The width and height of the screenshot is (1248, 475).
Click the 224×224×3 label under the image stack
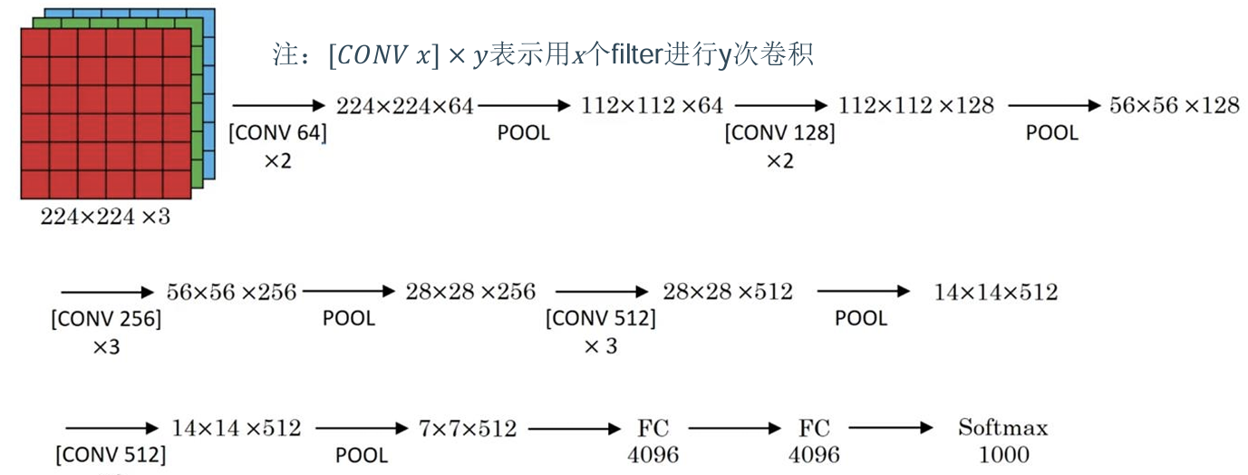(x=104, y=218)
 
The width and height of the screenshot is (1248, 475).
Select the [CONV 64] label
(x=277, y=133)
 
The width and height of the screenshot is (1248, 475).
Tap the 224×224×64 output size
(x=404, y=107)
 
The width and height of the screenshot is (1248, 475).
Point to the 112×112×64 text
(x=652, y=107)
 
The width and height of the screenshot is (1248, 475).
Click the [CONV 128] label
(x=779, y=133)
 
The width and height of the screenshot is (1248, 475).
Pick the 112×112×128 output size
(x=915, y=106)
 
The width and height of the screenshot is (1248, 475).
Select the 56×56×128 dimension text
(x=1174, y=106)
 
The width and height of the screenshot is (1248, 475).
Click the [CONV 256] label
(x=106, y=319)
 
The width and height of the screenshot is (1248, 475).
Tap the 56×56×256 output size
(x=231, y=292)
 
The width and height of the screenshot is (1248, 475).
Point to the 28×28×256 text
(x=470, y=292)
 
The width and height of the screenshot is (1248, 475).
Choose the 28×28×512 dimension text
(x=727, y=292)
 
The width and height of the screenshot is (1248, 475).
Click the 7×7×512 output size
(x=468, y=428)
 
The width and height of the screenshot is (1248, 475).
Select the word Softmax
(x=1002, y=428)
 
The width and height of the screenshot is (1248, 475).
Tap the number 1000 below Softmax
(x=1002, y=453)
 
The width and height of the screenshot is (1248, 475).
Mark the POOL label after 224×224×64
(x=523, y=133)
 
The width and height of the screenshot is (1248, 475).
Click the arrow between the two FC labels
(x=735, y=428)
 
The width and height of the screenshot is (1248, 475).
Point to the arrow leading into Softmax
(x=892, y=428)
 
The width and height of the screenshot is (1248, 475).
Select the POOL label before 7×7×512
(x=362, y=455)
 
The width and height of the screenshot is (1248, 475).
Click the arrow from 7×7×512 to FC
(x=573, y=428)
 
